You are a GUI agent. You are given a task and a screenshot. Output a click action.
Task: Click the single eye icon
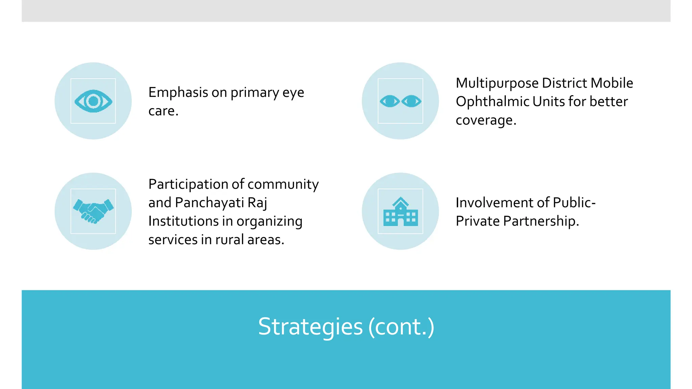[93, 101]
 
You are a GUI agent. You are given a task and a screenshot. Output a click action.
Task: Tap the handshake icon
[93, 211]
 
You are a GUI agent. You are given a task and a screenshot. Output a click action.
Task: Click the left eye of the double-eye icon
[390, 101]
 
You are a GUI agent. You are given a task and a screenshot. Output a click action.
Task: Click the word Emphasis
[178, 93]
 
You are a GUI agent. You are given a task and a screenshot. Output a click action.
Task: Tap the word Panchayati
[209, 203]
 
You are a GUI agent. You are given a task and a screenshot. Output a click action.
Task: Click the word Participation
[188, 184]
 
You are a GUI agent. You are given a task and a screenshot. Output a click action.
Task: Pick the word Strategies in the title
[310, 327]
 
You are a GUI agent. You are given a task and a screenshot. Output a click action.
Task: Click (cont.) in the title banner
[401, 327]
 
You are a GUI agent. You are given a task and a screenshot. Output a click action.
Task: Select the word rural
[229, 240]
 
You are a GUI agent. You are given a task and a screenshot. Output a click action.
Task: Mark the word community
[283, 184]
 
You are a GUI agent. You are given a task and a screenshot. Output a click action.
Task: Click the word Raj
[257, 203]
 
